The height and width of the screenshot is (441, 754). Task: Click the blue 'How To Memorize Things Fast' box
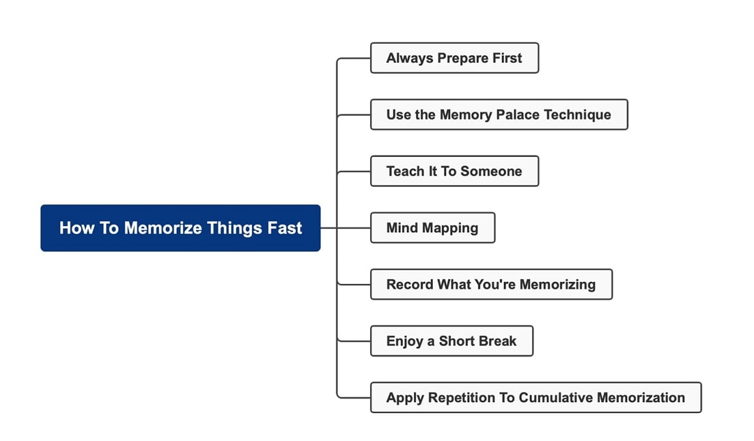[180, 228]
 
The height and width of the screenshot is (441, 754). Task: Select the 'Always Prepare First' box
[454, 58]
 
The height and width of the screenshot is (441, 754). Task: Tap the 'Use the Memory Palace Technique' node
[498, 114]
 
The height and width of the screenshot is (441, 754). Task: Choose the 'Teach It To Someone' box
[454, 171]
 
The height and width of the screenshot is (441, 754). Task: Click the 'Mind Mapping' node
[432, 227]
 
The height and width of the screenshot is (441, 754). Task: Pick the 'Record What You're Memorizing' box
[491, 284]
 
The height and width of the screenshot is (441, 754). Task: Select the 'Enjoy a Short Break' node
[451, 341]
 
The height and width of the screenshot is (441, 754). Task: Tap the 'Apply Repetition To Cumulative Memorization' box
[535, 398]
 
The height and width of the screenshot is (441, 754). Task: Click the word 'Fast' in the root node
[283, 228]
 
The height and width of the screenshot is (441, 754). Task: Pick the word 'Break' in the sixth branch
[496, 341]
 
